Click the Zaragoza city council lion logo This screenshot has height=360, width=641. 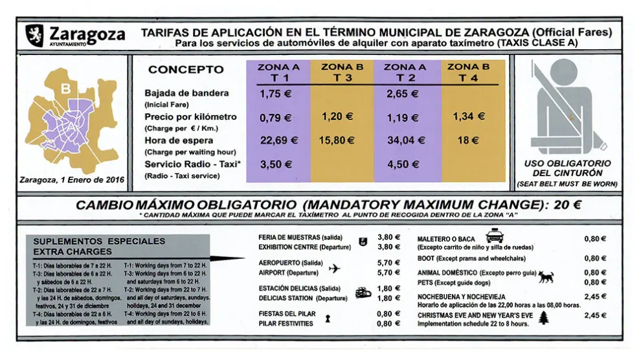(x=34, y=35)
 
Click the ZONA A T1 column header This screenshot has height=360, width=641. (x=278, y=73)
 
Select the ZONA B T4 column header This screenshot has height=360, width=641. (x=469, y=73)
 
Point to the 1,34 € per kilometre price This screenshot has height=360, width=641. (x=469, y=117)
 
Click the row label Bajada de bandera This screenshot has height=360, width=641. (x=186, y=93)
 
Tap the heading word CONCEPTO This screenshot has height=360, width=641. (x=186, y=69)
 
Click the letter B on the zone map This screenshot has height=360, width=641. (x=65, y=89)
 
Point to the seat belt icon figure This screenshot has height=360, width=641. (x=567, y=107)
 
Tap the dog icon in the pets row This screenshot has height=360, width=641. (x=546, y=276)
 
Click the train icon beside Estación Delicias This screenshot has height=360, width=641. (x=363, y=293)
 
